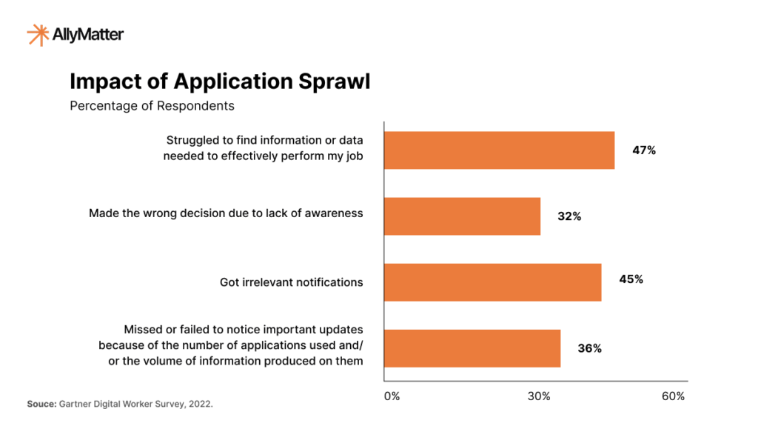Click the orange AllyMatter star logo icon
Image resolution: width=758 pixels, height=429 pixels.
(x=38, y=34)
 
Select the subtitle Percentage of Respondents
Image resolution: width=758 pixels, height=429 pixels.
(x=152, y=106)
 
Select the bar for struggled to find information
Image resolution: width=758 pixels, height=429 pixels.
(x=499, y=150)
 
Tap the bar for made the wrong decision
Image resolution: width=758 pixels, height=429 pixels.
(x=462, y=216)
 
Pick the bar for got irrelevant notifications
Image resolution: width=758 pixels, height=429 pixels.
(x=492, y=282)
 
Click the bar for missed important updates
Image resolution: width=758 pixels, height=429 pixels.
(x=472, y=347)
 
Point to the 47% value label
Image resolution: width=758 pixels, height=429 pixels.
(x=644, y=150)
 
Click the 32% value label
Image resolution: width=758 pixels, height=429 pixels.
(x=569, y=216)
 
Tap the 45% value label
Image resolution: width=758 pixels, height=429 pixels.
(x=631, y=279)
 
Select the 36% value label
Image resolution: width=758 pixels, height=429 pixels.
(x=589, y=348)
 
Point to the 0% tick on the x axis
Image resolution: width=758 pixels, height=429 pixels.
(x=392, y=396)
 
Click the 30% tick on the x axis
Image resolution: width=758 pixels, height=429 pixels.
(x=539, y=396)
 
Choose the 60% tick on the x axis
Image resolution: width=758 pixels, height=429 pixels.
(x=673, y=396)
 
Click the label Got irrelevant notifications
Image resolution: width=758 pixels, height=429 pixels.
(x=291, y=282)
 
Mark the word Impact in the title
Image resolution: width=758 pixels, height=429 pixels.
(x=103, y=81)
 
